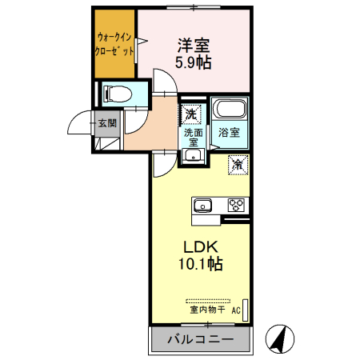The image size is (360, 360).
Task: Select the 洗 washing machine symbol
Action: point(191,114)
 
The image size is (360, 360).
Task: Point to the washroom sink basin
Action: point(191,155)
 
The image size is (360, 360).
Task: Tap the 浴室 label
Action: point(230,133)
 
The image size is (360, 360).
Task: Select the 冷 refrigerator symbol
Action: point(238,164)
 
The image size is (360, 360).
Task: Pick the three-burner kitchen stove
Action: point(236,202)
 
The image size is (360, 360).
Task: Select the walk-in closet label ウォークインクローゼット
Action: point(114,43)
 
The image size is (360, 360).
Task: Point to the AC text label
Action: point(236,310)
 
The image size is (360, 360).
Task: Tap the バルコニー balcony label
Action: point(200,340)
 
